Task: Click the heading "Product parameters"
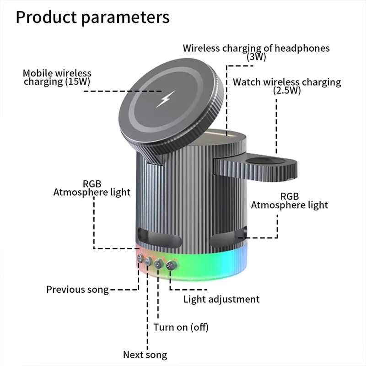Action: (x=92, y=17)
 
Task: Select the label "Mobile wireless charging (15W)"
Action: (x=57, y=77)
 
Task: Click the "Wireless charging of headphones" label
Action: (x=256, y=48)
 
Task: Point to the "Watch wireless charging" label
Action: (x=287, y=82)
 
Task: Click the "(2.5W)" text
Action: (x=287, y=91)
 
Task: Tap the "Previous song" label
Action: (x=78, y=289)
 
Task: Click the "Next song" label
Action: (x=145, y=355)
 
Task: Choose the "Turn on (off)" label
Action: (x=181, y=327)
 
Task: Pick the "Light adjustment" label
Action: (x=221, y=299)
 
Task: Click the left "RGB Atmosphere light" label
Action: (x=91, y=188)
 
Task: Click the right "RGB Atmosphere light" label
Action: (x=289, y=200)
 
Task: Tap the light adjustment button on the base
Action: (x=171, y=264)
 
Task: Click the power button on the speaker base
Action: (x=159, y=263)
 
